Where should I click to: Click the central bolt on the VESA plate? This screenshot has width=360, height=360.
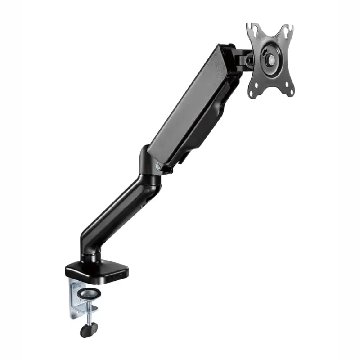[271, 59]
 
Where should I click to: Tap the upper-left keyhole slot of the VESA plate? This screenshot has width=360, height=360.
[256, 30]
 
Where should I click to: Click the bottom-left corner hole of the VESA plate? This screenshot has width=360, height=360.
[253, 94]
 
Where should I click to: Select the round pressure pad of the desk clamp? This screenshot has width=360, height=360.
[89, 294]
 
